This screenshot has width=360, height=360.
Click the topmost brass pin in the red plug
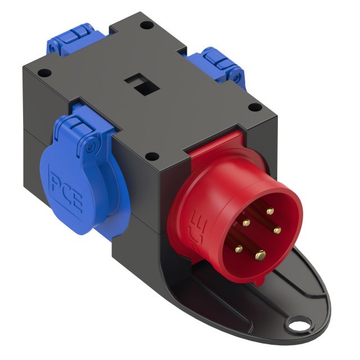[x=269, y=211]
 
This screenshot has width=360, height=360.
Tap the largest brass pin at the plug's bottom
[x=260, y=255]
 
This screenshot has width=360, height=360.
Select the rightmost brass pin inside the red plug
[x=277, y=229]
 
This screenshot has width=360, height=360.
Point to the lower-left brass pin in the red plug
[x=238, y=247]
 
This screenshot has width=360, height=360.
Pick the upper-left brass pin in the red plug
[x=246, y=222]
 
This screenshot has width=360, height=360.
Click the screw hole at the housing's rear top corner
[x=145, y=25]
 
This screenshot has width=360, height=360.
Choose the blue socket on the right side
[x=219, y=64]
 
